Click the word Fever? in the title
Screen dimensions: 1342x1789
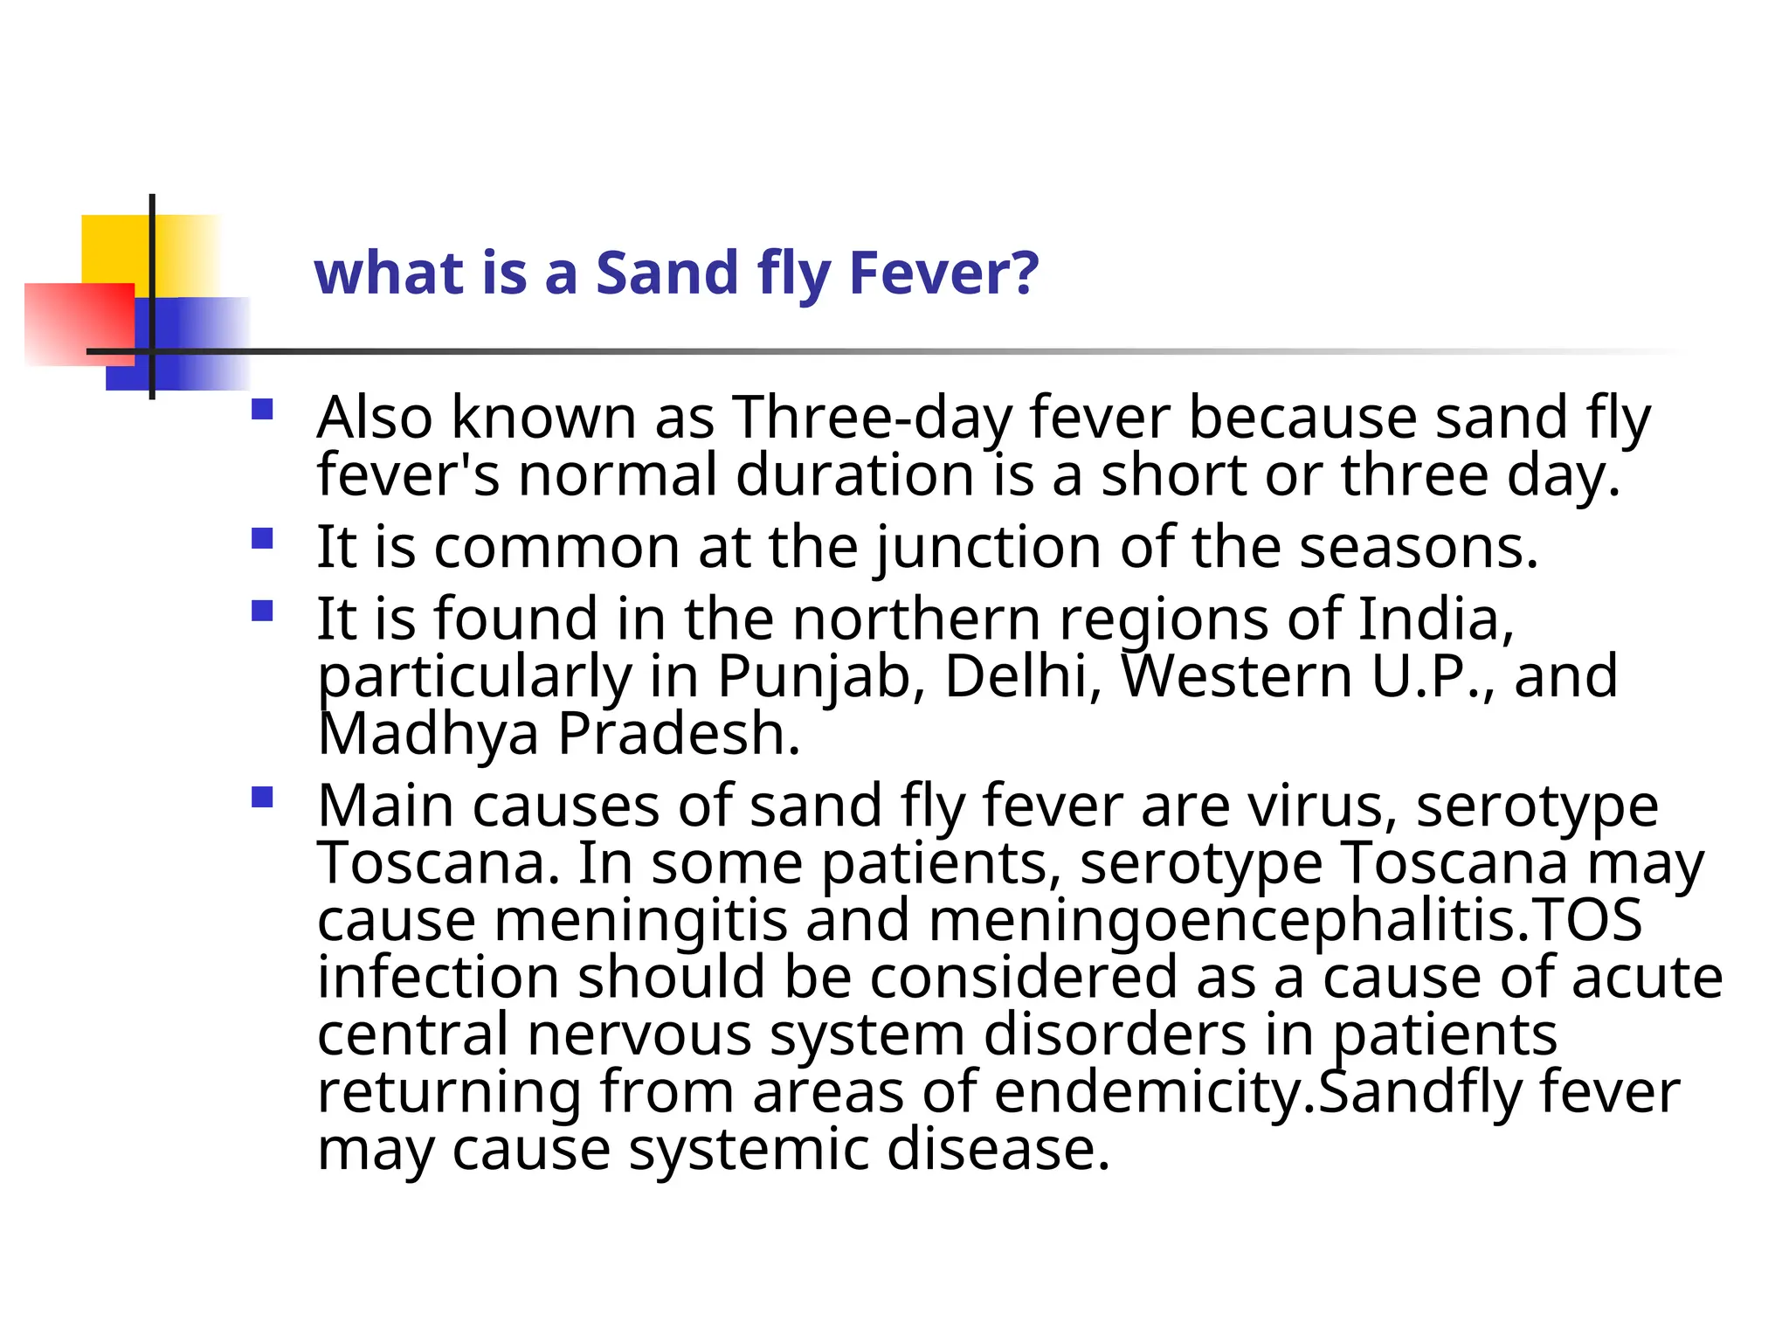[x=943, y=273]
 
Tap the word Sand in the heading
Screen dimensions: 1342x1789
[x=667, y=273]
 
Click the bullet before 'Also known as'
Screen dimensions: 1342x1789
[x=262, y=410]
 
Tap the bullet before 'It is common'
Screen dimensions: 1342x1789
[x=262, y=537]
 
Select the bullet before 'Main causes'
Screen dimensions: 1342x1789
[x=262, y=797]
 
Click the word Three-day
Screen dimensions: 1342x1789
[x=872, y=418]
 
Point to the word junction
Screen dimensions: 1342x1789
[x=988, y=549]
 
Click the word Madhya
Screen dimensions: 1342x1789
[x=428, y=734]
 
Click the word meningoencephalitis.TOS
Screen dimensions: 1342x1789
[x=1284, y=921]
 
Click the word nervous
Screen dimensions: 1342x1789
[x=639, y=1035]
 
